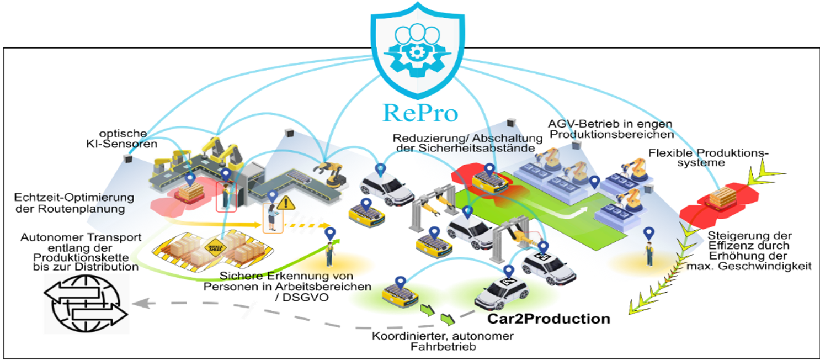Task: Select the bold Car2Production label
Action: [549, 319]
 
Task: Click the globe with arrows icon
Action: [85, 303]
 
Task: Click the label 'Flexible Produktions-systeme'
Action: [709, 158]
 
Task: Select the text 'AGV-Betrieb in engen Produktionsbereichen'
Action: [611, 128]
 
